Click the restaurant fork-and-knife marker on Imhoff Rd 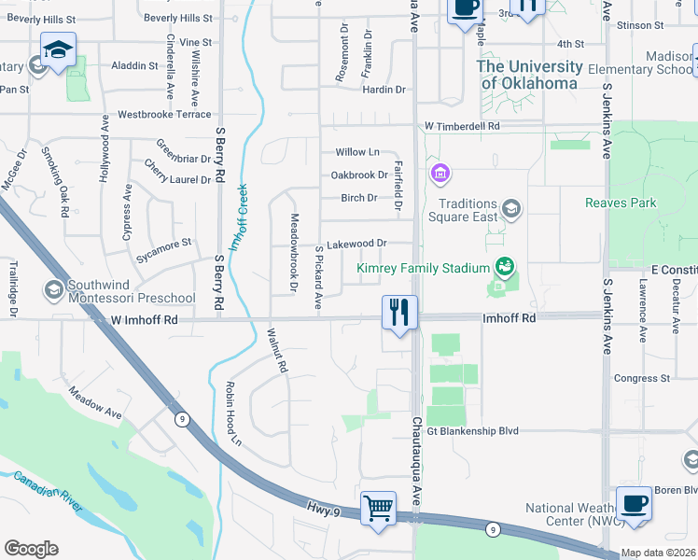[400, 314]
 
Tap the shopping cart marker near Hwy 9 [378, 509]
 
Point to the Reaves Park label [621, 203]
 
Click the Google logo [31, 548]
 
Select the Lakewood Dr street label [356, 244]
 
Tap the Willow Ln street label [357, 152]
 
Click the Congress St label [642, 378]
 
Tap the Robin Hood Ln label [230, 413]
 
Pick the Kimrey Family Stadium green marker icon [505, 268]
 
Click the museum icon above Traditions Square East [440, 174]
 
